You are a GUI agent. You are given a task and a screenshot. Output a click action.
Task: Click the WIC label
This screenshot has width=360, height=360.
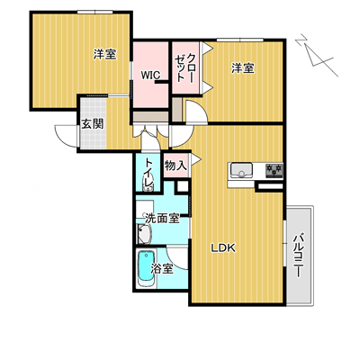pos(151,76)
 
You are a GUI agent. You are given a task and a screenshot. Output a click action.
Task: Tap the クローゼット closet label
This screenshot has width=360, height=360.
pos(184,67)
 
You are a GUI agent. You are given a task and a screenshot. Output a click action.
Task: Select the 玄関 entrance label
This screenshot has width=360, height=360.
pos(93,123)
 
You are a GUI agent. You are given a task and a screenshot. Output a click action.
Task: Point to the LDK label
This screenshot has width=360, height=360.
pos(224,247)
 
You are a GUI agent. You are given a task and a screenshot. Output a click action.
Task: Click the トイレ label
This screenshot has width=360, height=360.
pos(149,173)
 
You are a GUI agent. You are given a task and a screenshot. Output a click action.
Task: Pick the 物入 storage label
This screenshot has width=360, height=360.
pos(176,166)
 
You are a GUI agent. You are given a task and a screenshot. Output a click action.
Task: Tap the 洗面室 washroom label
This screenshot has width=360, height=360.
pos(162,219)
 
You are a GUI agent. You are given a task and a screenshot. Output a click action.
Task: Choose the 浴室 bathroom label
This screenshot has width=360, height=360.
pos(162,268)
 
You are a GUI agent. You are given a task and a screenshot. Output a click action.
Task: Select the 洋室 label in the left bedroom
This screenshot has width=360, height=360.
pos(104,54)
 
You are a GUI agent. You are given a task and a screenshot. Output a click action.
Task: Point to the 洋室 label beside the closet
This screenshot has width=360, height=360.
pos(242,68)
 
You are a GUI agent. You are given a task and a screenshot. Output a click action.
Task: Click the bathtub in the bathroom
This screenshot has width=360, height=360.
pos(147,269)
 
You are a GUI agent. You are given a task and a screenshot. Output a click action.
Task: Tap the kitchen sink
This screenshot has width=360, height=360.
pos(241,171)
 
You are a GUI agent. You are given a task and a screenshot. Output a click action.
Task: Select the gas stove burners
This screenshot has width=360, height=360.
pos(274,171)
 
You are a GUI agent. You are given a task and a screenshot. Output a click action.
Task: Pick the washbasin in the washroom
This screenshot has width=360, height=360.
pos(144,234)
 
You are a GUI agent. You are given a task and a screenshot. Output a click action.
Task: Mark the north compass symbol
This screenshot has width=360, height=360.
pos(318,56)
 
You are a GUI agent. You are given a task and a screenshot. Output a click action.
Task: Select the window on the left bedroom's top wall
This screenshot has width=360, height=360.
pos(95,12)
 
